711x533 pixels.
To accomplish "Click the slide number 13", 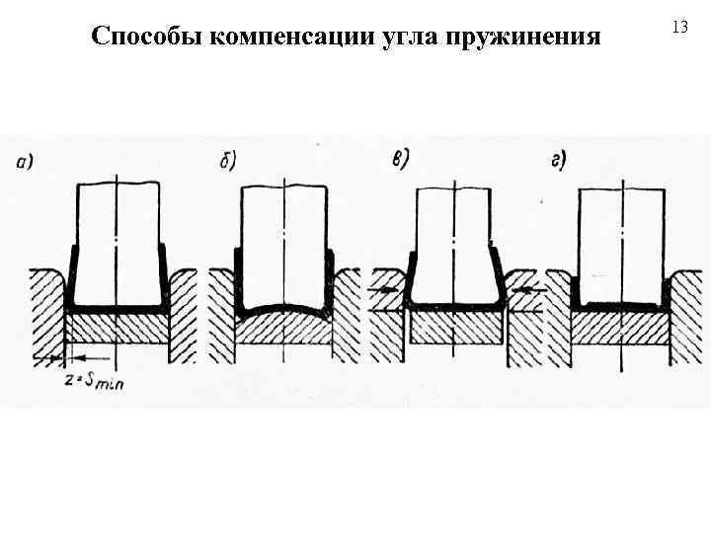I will tap(678, 28).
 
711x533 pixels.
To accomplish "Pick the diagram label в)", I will tap(402, 160).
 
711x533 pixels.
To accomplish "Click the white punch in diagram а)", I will tap(118, 242).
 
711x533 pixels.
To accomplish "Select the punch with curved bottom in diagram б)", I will tap(285, 247).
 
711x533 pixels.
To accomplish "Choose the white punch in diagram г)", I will tap(621, 242).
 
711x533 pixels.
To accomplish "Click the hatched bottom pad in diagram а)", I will tap(118, 329).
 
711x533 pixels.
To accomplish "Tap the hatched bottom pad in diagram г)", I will tap(621, 329).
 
